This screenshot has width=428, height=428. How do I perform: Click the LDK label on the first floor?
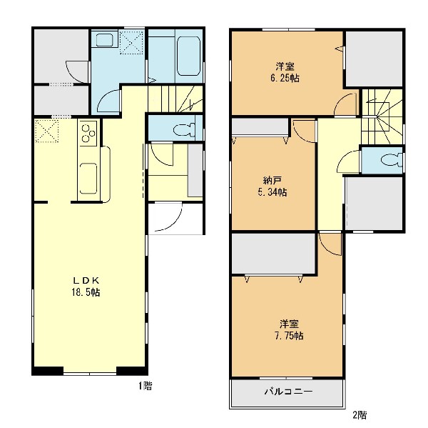coord(86,281)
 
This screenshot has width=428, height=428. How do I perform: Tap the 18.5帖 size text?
coord(86,292)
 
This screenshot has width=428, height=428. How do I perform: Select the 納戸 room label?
coord(272,181)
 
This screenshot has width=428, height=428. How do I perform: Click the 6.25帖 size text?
coord(285,78)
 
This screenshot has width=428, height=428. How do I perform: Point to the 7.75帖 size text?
coord(289,336)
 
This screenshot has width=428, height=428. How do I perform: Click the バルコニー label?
coord(288,392)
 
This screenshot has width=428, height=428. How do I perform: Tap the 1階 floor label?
coord(146,386)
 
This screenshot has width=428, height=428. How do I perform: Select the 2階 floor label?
coord(360,415)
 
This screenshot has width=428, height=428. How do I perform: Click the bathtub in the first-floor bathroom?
coord(188,56)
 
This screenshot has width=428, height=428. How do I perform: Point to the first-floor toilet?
coord(184,129)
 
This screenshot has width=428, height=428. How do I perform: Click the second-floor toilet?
coord(392,160)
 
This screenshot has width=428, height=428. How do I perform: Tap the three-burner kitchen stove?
coord(88,134)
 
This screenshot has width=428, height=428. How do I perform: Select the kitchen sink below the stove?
coord(88,179)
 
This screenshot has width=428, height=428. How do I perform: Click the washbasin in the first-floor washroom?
coord(105,40)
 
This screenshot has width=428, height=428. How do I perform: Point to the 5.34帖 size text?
coord(272,192)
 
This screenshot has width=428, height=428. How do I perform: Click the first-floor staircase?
coord(175,99)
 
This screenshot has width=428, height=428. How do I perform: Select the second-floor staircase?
coord(382,116)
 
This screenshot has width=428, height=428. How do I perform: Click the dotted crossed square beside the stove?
coord(47,131)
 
